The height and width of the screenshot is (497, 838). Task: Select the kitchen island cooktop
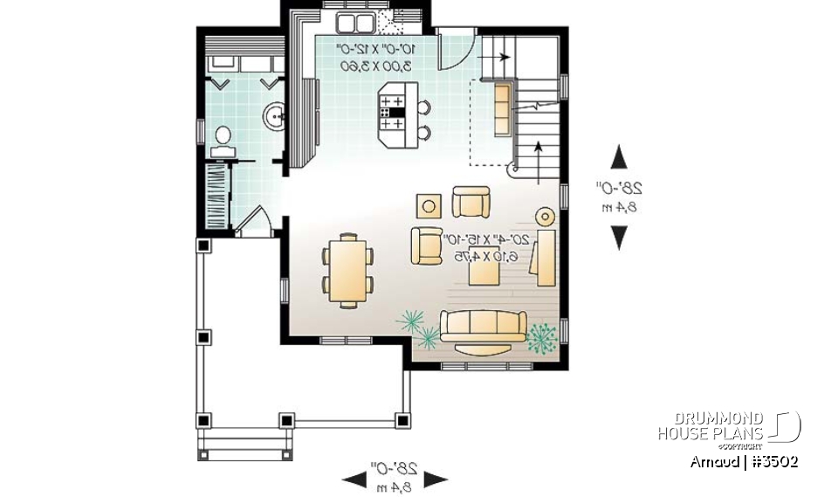tap(390, 112)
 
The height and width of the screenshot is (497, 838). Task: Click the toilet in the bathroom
tap(223, 138)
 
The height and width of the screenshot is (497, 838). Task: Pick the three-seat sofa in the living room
tap(483, 325)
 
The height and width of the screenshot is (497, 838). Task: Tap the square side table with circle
tap(429, 206)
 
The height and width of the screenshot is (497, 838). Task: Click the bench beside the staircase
tap(504, 109)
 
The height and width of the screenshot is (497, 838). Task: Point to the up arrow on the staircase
tap(537, 157)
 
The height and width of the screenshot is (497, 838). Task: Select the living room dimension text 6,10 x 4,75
tap(482, 256)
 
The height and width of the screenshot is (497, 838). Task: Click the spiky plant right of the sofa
tap(542, 338)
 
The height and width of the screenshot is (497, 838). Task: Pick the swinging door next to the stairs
tap(455, 50)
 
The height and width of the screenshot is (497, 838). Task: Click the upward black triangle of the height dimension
tap(619, 157)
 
